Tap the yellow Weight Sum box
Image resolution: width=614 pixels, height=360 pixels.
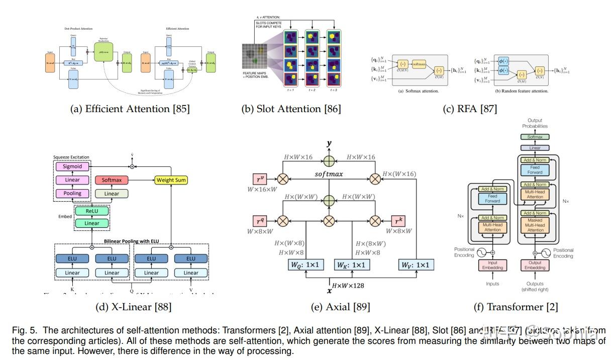pyautogui.click(x=171, y=179)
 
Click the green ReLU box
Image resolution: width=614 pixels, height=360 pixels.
pyautogui.click(x=92, y=211)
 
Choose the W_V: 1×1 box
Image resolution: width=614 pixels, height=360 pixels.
pyautogui.click(x=416, y=264)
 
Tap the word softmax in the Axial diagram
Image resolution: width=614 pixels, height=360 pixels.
pyautogui.click(x=329, y=174)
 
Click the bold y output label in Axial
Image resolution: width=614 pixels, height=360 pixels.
pyautogui.click(x=329, y=144)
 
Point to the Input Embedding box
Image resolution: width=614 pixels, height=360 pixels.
pyautogui.click(x=492, y=264)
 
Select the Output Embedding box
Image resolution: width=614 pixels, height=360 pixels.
pyautogui.click(x=535, y=264)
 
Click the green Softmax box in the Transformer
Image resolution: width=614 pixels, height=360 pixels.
pyautogui.click(x=535, y=137)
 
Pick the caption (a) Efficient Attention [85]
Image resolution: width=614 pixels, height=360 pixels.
pyautogui.click(x=129, y=108)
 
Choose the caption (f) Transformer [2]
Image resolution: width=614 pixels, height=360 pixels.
pyautogui.click(x=516, y=307)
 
